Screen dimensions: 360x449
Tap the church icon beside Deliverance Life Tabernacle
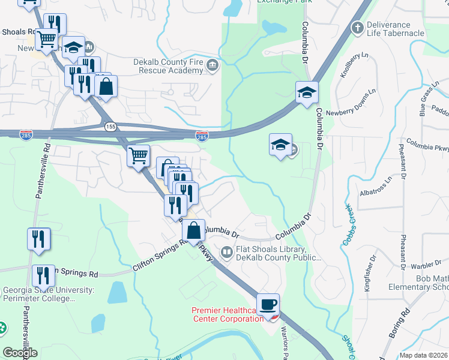[357, 28]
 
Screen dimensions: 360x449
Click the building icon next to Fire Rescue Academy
[212, 65]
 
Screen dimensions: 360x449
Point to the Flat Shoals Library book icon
[226, 253]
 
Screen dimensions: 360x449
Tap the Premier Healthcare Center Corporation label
[228, 314]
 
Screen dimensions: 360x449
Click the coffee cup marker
[268, 304]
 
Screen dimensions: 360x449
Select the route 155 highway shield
[110, 127]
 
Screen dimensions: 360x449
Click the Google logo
[20, 353]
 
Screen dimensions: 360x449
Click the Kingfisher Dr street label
[370, 273]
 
